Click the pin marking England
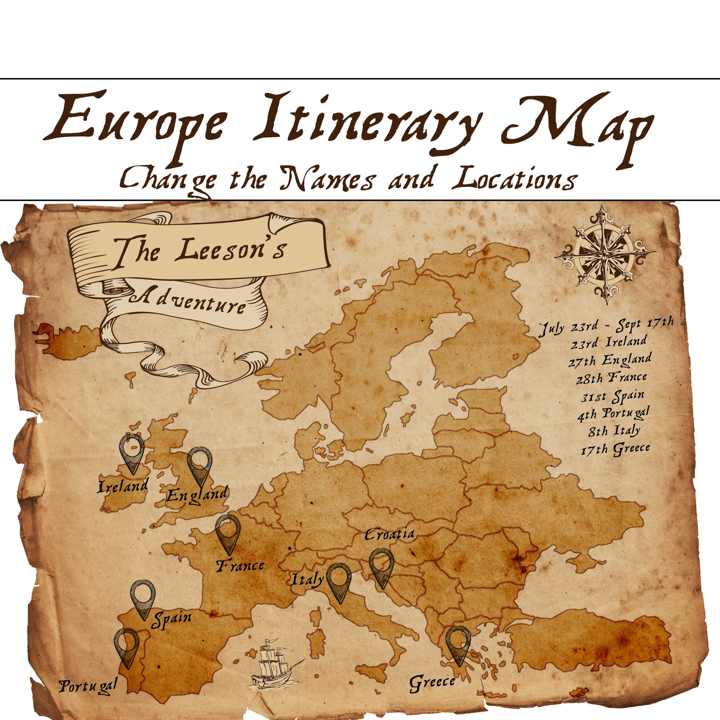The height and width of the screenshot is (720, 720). [x=200, y=466]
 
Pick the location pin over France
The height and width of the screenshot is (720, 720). [x=228, y=533]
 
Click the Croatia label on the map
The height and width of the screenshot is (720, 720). [x=389, y=534]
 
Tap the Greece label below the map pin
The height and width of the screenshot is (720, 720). [x=432, y=682]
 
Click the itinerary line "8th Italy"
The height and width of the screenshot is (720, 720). [x=614, y=430]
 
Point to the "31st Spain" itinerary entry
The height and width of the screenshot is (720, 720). [x=613, y=396]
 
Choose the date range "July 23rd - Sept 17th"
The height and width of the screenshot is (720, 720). [x=606, y=325]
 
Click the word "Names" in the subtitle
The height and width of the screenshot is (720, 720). [x=326, y=179]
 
